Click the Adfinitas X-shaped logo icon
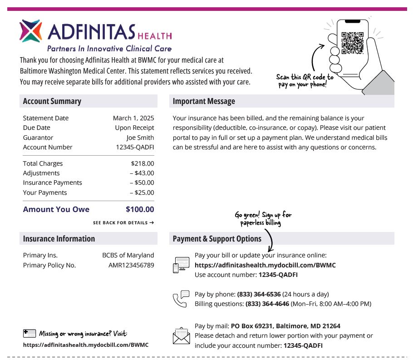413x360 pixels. (31, 31)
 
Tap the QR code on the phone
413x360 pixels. (353, 43)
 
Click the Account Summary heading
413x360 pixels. (52, 101)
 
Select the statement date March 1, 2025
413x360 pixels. (133, 118)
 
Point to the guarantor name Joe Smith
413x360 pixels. (140, 138)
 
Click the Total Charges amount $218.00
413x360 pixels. (143, 163)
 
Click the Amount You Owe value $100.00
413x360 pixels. (140, 209)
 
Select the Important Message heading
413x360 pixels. (204, 101)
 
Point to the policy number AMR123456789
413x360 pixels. (131, 265)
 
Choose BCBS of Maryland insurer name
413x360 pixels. (128, 255)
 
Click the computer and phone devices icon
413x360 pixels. (181, 265)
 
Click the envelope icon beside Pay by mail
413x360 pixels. (181, 336)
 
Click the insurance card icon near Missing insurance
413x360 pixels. (29, 334)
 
